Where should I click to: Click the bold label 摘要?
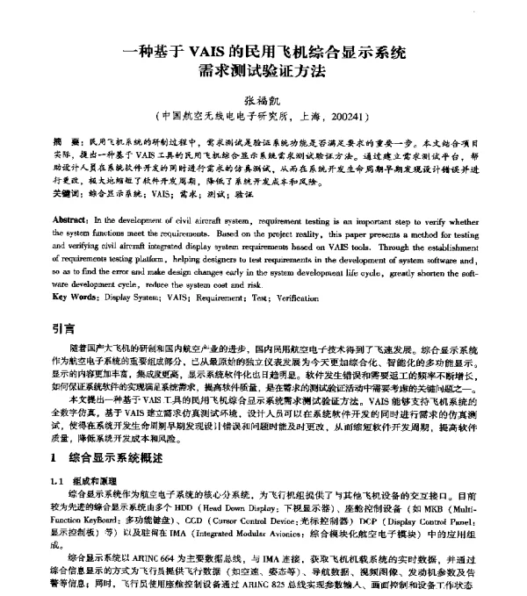point(64,140)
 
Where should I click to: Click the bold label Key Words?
point(76,297)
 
